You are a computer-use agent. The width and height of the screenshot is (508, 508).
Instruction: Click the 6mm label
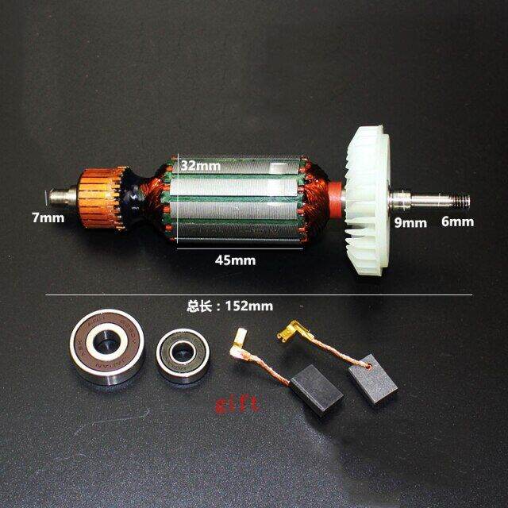(458, 221)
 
